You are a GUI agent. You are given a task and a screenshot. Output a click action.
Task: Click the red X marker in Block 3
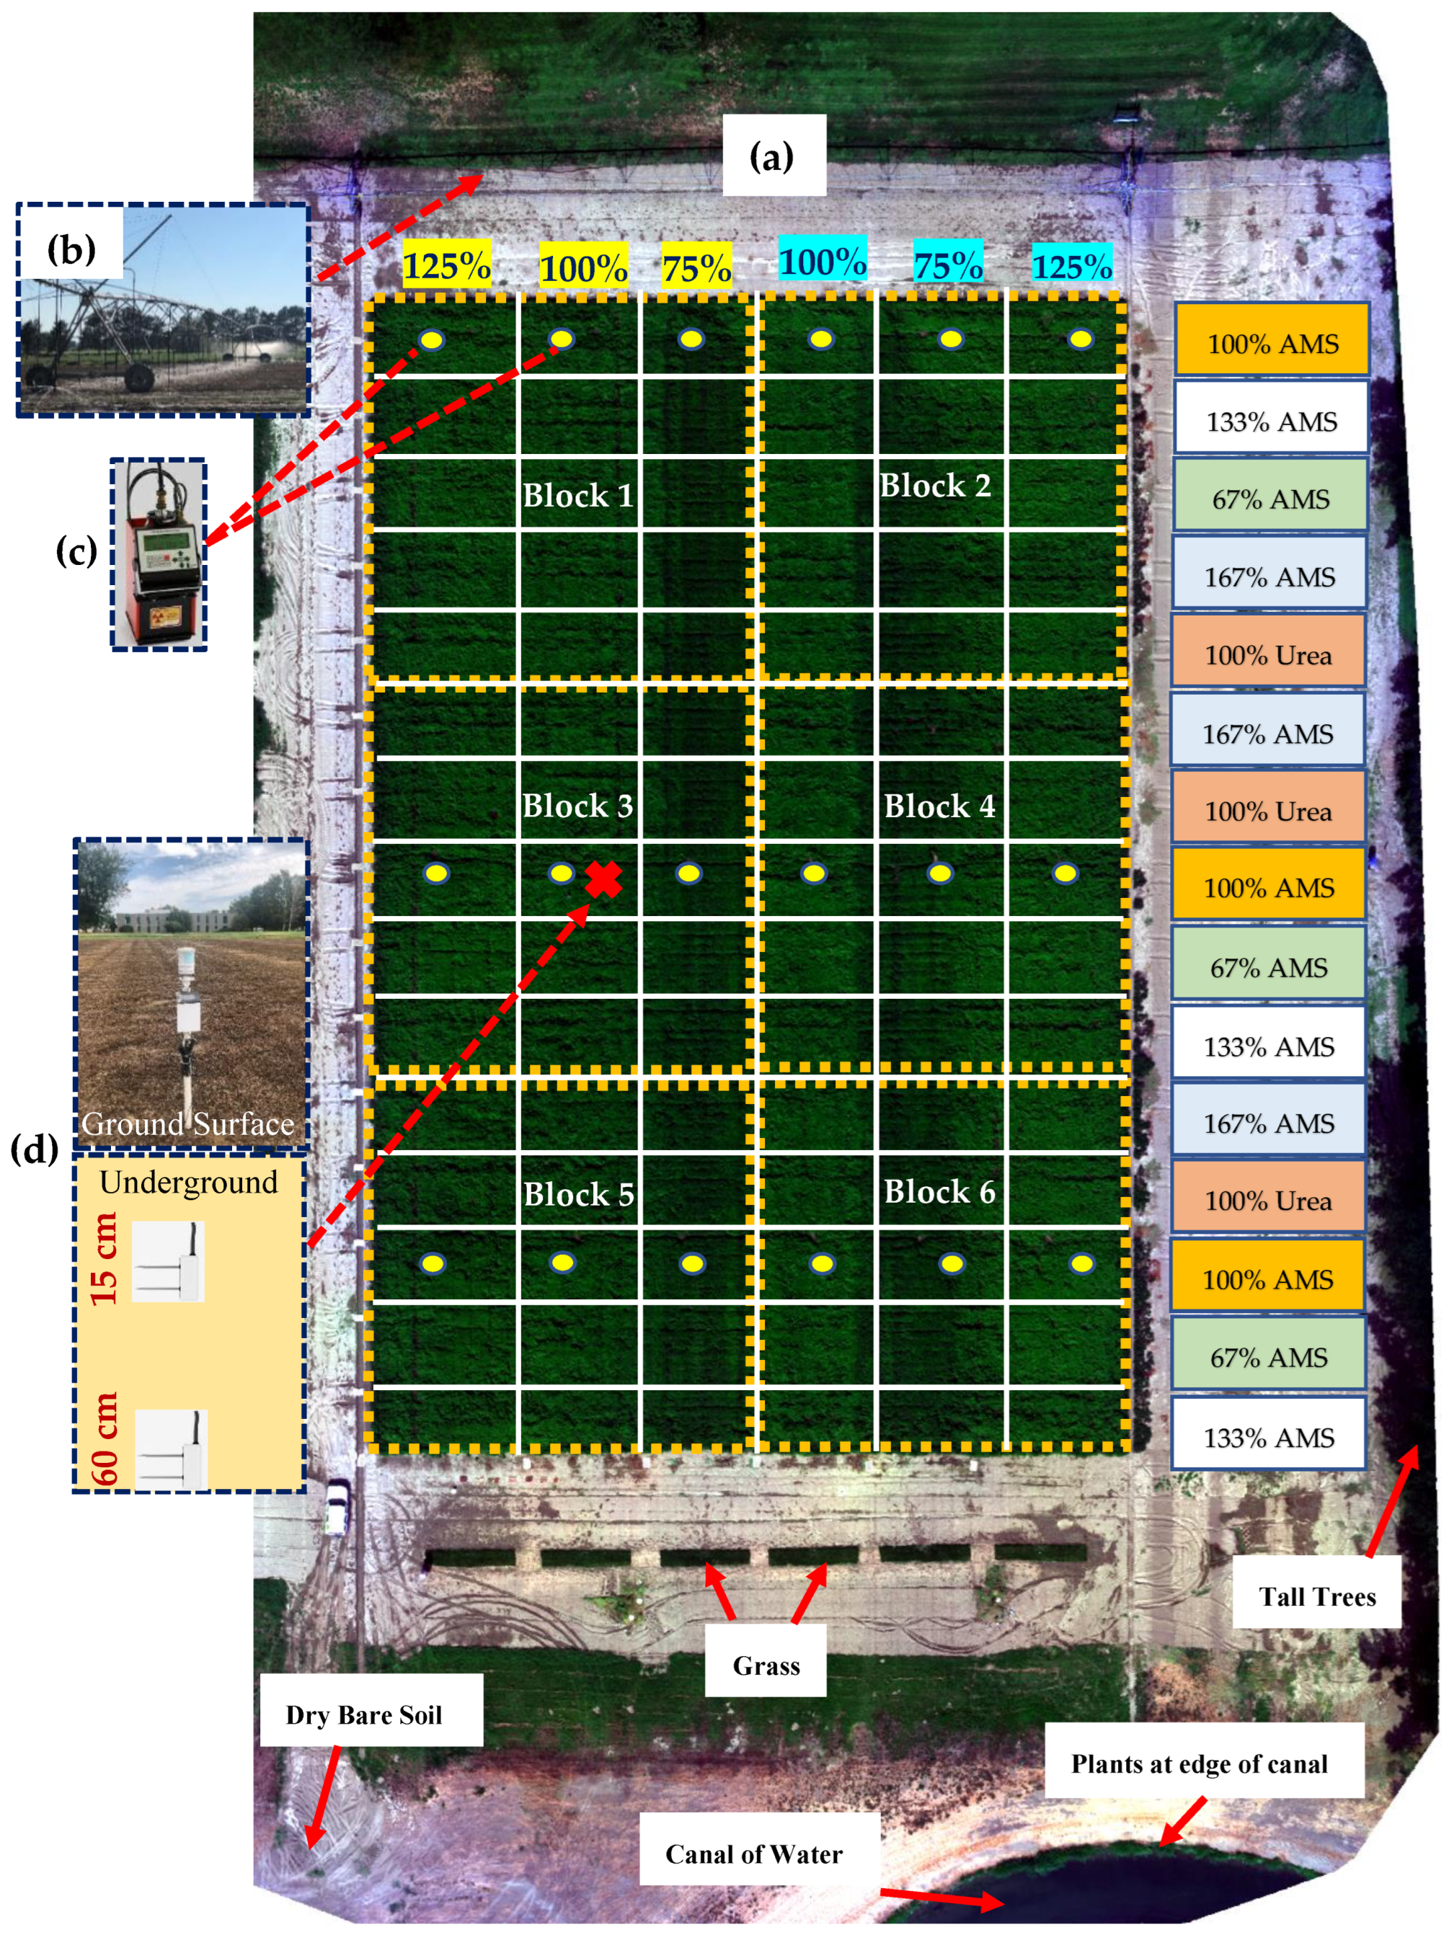pyautogui.click(x=603, y=879)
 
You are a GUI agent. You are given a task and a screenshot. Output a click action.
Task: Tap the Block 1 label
pyautogui.click(x=577, y=495)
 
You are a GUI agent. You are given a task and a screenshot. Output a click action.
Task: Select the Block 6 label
pyautogui.click(x=939, y=1191)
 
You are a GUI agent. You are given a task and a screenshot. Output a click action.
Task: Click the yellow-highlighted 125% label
pyautogui.click(x=446, y=265)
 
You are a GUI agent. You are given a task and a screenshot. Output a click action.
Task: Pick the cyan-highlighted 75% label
pyautogui.click(x=948, y=264)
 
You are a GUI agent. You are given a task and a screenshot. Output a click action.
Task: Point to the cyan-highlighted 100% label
pyautogui.click(x=823, y=261)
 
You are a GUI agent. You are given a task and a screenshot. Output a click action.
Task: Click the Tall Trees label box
pyautogui.click(x=1316, y=1596)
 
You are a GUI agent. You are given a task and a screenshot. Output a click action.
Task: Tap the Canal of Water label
pyautogui.click(x=753, y=1854)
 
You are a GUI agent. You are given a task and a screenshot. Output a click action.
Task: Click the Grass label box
pyautogui.click(x=766, y=1665)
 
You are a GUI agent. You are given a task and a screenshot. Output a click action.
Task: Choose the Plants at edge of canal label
pyautogui.click(x=1199, y=1763)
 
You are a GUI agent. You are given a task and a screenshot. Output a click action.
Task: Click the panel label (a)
pyautogui.click(x=772, y=156)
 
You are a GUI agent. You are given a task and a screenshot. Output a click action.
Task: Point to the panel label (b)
pyautogui.click(x=71, y=249)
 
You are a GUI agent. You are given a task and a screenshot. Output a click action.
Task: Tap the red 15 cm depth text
pyautogui.click(x=104, y=1259)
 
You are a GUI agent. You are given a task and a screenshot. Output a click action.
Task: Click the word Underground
pyautogui.click(x=188, y=1182)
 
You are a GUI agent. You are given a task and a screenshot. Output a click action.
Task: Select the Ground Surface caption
pyautogui.click(x=188, y=1124)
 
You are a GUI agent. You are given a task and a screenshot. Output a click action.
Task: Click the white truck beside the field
pyautogui.click(x=337, y=1506)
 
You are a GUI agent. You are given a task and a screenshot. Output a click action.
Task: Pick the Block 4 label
pyautogui.click(x=939, y=806)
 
